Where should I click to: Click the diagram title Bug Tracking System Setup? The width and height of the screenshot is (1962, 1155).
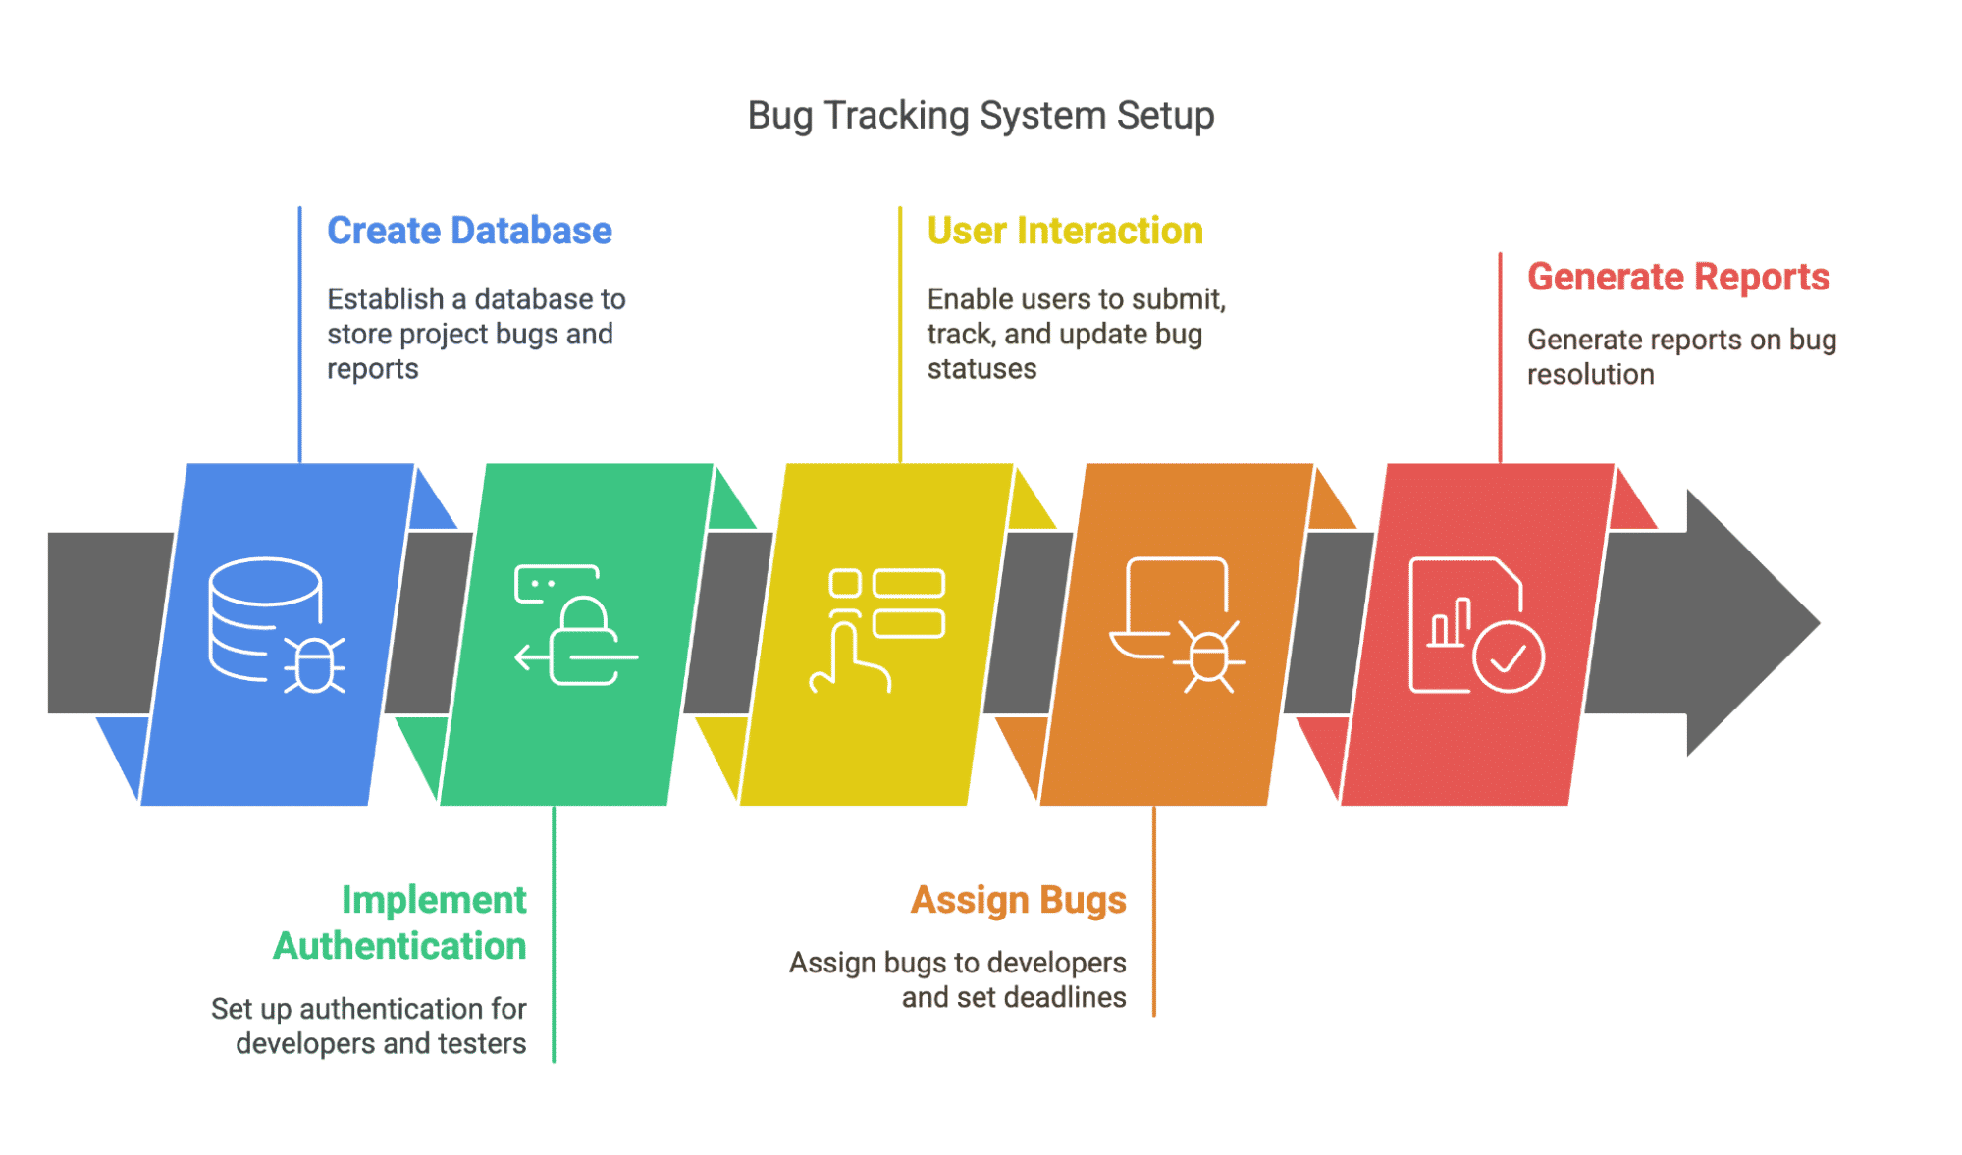[x=981, y=116]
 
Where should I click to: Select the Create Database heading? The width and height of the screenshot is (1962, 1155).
[x=469, y=231]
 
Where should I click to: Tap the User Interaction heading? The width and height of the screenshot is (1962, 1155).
[x=1065, y=231]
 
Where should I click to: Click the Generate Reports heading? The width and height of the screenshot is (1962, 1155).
[x=1678, y=277]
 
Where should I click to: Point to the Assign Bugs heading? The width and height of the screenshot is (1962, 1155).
[x=1018, y=900]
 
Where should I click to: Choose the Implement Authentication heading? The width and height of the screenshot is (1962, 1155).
[x=399, y=922]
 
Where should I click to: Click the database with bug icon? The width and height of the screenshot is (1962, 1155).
[x=276, y=625]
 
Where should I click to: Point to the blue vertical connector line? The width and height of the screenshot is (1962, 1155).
[x=300, y=334]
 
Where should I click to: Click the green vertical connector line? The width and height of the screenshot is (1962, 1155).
[x=554, y=932]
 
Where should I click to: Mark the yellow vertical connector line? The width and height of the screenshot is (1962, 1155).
[x=900, y=334]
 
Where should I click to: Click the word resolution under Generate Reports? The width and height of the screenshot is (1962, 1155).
[x=1590, y=374]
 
